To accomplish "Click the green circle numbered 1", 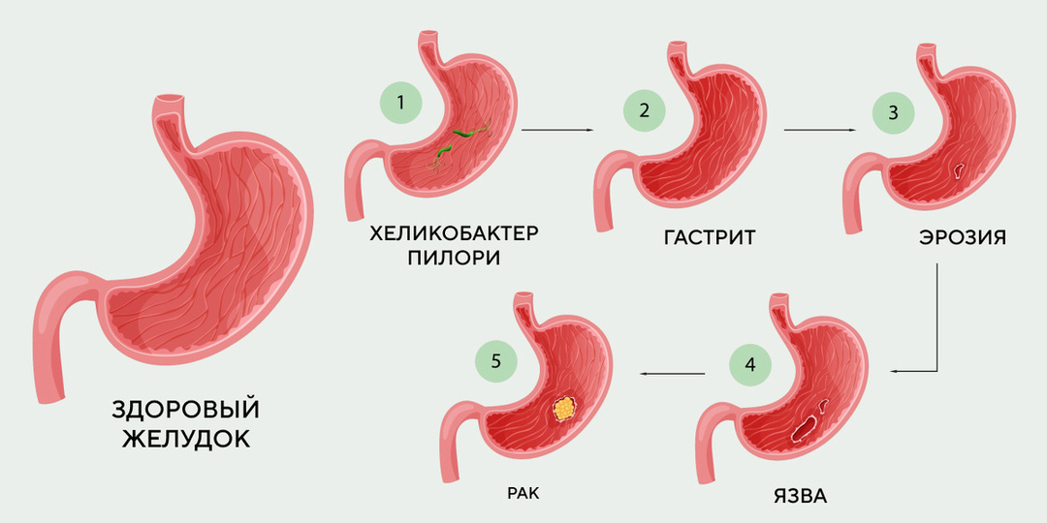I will (x=399, y=100).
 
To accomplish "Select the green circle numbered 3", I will (x=893, y=111).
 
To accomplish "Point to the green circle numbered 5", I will (x=496, y=361).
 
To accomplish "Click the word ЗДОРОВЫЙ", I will (x=186, y=411).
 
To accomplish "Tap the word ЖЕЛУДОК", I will (x=186, y=439).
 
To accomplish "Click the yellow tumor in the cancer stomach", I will (x=562, y=407).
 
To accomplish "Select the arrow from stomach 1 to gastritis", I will (x=556, y=129).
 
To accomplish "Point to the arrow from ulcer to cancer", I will (x=670, y=371).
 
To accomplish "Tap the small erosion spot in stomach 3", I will (x=959, y=171).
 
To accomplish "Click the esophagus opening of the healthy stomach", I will (x=170, y=99).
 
